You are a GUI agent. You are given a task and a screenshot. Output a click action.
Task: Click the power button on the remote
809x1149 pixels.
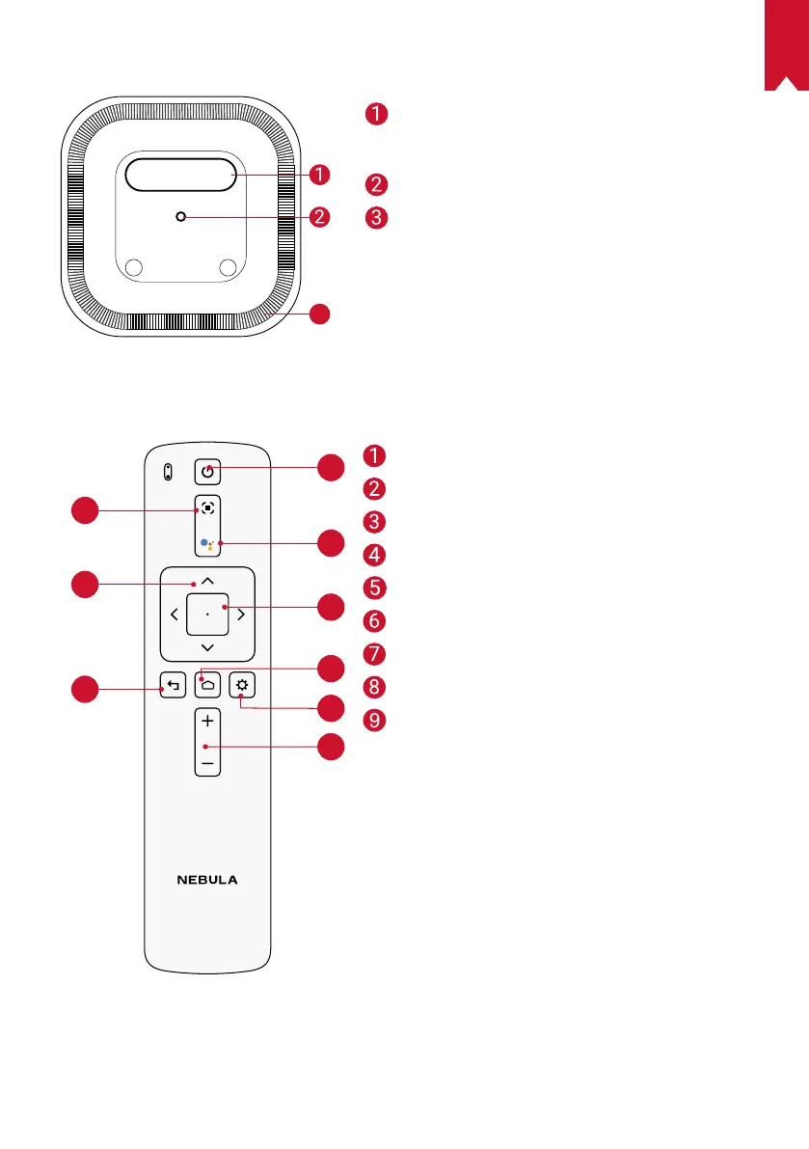pos(207,472)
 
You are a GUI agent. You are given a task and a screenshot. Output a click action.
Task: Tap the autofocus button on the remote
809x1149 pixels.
pos(207,508)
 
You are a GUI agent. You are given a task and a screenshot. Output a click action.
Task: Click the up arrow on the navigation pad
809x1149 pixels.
pos(207,583)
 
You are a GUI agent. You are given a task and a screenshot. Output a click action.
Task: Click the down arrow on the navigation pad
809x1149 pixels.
pos(207,646)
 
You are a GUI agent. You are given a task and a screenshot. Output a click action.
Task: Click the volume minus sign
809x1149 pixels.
pos(207,762)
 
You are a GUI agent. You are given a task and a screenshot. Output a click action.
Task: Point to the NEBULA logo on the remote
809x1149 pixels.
pos(207,880)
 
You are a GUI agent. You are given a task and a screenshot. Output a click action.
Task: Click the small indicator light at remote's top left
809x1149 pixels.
pos(168,472)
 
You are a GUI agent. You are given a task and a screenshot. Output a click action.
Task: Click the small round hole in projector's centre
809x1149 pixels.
pos(180,217)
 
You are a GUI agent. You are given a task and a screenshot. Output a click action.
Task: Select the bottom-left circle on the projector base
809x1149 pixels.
pos(134,267)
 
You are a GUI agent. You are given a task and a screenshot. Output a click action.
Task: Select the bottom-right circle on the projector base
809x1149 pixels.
pos(228,267)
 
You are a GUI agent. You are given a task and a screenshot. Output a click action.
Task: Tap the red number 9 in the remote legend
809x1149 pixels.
pos(376,720)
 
